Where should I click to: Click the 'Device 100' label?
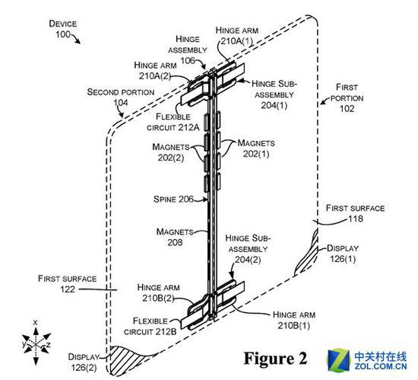[x=63, y=29]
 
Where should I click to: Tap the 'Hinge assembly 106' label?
[x=188, y=50]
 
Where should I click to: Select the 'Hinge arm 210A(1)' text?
[x=236, y=36]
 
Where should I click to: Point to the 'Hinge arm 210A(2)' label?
[x=155, y=71]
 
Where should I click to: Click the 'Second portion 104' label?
[x=121, y=97]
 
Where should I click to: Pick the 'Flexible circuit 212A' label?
[x=173, y=122]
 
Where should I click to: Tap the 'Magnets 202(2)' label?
[x=171, y=152]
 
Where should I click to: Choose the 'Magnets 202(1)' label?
[x=256, y=148]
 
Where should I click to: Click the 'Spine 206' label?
[x=173, y=199]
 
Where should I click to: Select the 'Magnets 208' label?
[x=175, y=237]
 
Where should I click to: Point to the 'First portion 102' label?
[x=347, y=97]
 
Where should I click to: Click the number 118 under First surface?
[x=356, y=219]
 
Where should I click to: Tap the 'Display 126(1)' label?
[x=343, y=254]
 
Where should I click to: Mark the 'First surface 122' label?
[x=67, y=284]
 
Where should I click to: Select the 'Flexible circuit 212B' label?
[x=150, y=326]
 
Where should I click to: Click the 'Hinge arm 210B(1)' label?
[x=294, y=320]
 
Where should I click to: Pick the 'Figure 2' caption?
[x=275, y=359]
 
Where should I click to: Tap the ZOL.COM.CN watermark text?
[x=381, y=366]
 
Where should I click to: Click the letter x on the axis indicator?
[x=35, y=322]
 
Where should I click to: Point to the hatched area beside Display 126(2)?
[x=128, y=359]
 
